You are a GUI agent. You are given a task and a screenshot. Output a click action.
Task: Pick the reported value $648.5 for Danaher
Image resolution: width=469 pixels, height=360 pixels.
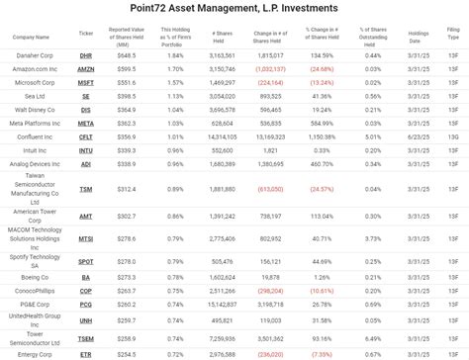tap(125, 55)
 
